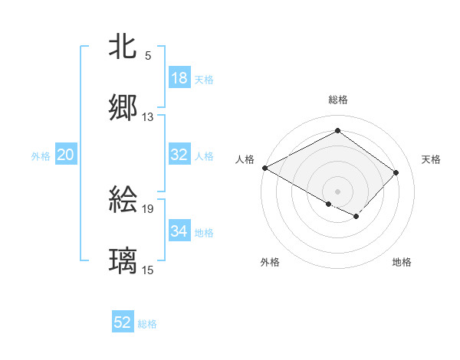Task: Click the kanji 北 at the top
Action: [123, 46]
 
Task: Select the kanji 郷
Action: [123, 107]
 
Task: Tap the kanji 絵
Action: [123, 199]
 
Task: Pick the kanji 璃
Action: [123, 260]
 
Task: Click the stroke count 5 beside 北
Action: [148, 56]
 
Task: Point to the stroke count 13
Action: [148, 117]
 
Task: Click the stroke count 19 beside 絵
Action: [148, 208]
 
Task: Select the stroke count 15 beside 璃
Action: [148, 270]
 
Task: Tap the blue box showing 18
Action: [179, 78]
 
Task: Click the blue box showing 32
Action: [179, 155]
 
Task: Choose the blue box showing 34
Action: [179, 231]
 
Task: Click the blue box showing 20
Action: [66, 155]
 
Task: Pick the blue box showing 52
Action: [123, 322]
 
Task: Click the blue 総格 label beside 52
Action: [147, 324]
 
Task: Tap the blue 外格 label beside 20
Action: [41, 156]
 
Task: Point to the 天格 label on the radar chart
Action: [432, 159]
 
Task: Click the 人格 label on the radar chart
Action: [245, 159]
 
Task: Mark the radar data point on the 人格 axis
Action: [264, 168]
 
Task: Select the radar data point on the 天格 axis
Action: [396, 172]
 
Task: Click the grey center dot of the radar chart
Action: [337, 191]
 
